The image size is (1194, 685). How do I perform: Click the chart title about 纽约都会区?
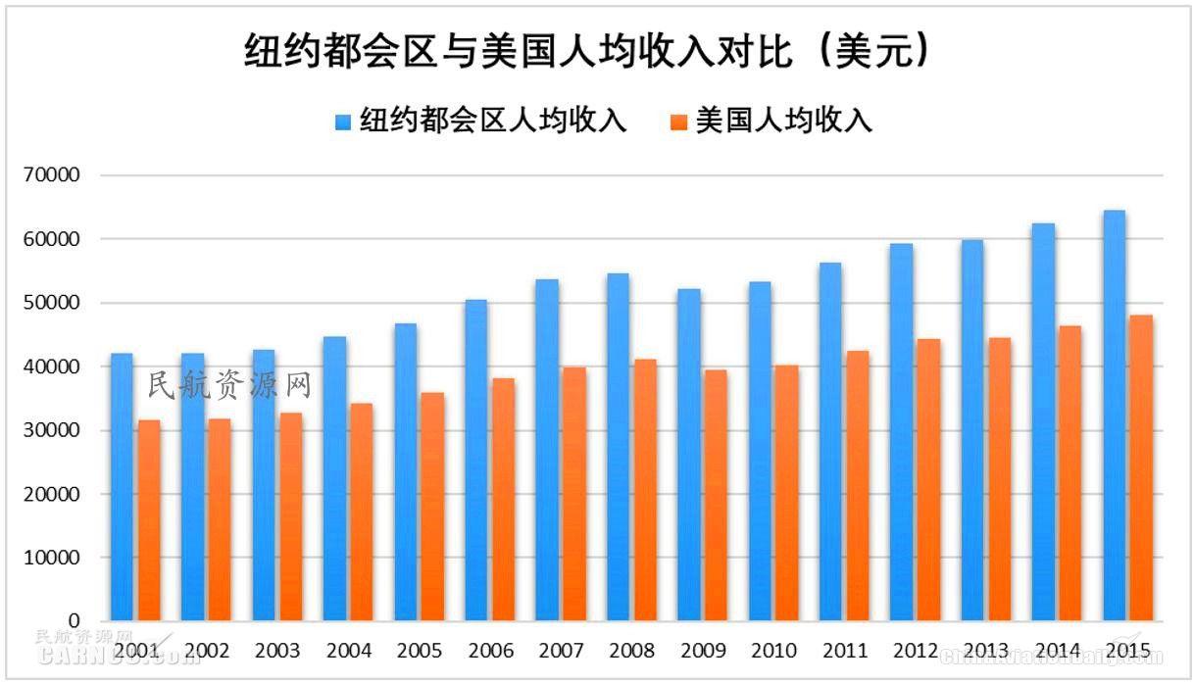click(x=586, y=52)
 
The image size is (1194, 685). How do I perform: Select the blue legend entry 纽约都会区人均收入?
click(x=480, y=121)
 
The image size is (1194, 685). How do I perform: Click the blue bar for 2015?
click(x=1114, y=416)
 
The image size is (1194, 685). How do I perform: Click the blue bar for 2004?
click(x=334, y=480)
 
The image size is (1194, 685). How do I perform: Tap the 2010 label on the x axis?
click(x=773, y=651)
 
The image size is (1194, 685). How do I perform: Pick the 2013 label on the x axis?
click(x=986, y=651)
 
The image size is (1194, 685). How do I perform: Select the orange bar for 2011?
click(x=857, y=486)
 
